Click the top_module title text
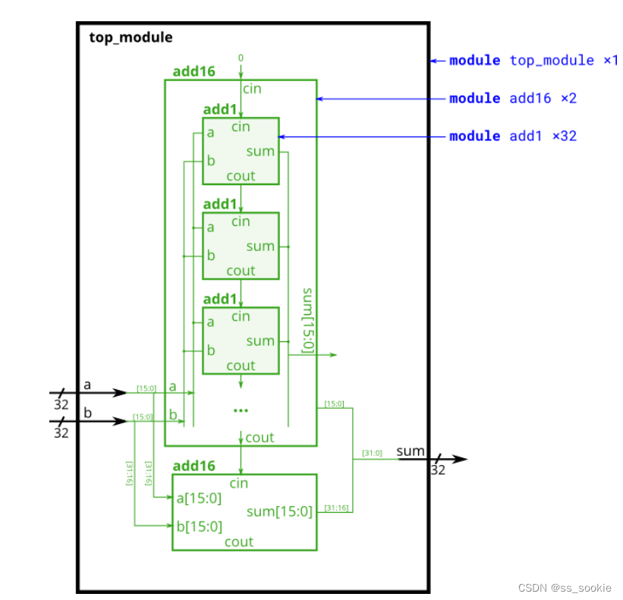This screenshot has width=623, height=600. [x=131, y=37]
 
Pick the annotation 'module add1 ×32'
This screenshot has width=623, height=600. [x=512, y=136]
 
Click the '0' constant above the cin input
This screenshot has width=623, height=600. [x=241, y=58]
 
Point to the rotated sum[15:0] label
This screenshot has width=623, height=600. [x=307, y=320]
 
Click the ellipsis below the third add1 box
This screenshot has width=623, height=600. [x=241, y=410]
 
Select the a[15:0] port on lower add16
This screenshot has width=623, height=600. [x=199, y=498]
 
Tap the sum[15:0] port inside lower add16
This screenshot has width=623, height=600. [x=279, y=511]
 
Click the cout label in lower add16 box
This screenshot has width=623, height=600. [x=239, y=542]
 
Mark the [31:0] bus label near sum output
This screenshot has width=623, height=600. [x=373, y=453]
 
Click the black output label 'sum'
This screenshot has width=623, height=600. [x=411, y=451]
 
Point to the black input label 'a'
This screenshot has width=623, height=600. [x=87, y=385]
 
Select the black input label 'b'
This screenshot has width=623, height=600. [x=87, y=412]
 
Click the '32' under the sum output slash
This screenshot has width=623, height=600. [x=438, y=470]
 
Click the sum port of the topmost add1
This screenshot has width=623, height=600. [x=260, y=152]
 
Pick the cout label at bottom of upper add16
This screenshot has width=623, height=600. [x=260, y=438]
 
